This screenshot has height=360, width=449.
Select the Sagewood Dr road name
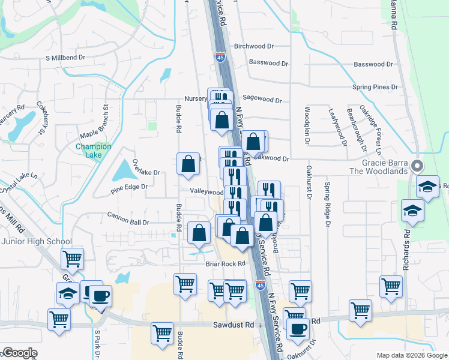(262, 101)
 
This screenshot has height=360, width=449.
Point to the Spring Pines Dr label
(375, 87)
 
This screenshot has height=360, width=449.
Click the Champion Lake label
(93, 151)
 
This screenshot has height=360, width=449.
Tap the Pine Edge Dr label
(129, 192)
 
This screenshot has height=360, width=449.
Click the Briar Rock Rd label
(226, 263)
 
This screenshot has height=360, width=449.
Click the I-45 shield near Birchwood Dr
(220, 58)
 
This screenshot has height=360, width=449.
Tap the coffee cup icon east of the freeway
(297, 328)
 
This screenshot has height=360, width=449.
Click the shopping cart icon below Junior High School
(72, 259)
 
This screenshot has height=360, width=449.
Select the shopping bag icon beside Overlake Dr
(188, 163)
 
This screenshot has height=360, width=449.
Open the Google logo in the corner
(19, 353)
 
